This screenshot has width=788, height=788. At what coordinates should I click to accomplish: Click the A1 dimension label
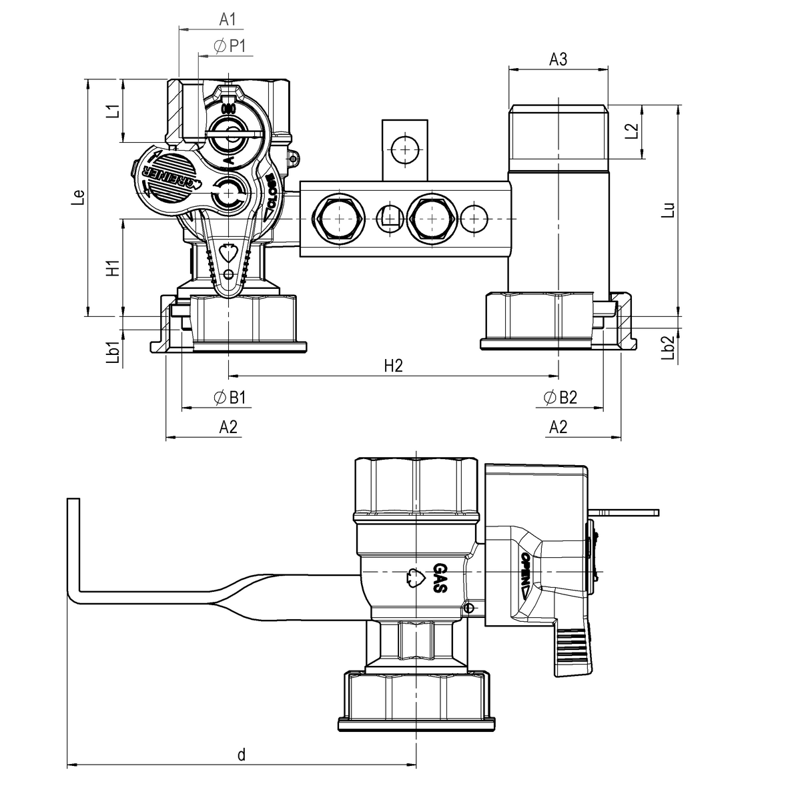[x=228, y=20]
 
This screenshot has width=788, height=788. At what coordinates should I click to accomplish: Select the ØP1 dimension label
[x=230, y=46]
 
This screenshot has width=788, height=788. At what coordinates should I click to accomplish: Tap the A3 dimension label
[x=558, y=59]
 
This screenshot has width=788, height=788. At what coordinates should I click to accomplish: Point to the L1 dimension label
[x=113, y=111]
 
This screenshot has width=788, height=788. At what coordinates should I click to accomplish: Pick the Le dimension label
[x=79, y=197]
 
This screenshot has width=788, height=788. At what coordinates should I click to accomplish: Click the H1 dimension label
[x=113, y=268]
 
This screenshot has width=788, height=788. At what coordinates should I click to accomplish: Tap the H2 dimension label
[x=394, y=366]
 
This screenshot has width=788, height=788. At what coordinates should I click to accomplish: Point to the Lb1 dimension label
[x=113, y=353]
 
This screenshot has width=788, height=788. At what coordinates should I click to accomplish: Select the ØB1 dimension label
[x=231, y=398]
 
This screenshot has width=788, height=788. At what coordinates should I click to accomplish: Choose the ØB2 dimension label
[x=560, y=398]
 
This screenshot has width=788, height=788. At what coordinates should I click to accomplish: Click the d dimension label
[x=242, y=755]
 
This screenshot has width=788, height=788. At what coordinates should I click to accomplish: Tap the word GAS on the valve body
[x=440, y=578]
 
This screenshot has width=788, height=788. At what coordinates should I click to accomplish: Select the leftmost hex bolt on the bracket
[x=338, y=219]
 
